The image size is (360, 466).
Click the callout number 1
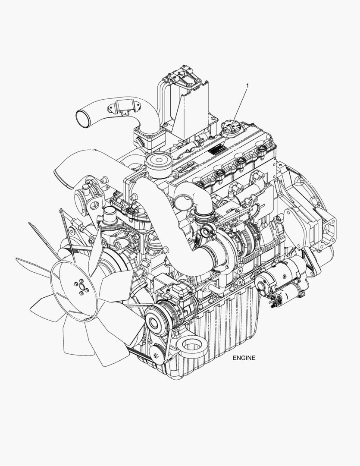(247, 85)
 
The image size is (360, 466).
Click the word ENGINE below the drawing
(244, 358)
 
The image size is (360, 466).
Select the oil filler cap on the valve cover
(228, 126)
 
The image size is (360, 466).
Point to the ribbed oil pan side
(229, 319)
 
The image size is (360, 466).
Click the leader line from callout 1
(235, 116)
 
